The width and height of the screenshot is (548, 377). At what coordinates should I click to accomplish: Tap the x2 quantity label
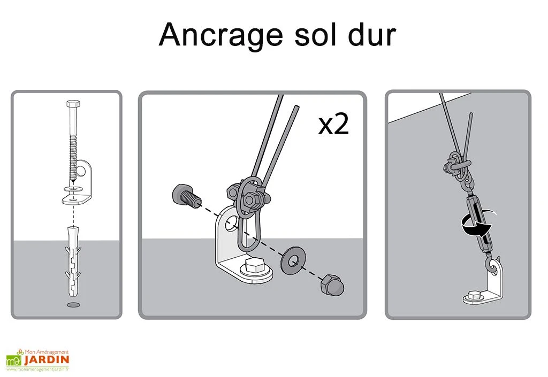tap(333, 125)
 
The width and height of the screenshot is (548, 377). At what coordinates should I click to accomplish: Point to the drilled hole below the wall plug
tap(73, 305)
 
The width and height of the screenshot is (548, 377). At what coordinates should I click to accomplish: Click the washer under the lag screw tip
tap(72, 189)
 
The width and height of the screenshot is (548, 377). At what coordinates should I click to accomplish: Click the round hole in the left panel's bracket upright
tap(82, 171)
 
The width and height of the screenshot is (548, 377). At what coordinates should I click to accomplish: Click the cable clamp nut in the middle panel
tap(250, 201)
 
